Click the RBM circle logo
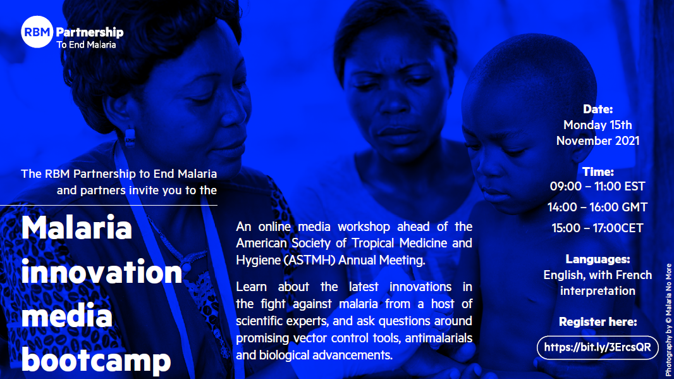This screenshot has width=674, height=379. tap(37, 32)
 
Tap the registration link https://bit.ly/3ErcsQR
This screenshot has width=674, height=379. tap(597, 347)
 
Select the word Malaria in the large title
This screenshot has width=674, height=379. tap(77, 227)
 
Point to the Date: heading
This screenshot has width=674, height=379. tap(597, 109)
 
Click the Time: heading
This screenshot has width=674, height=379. tap(597, 172)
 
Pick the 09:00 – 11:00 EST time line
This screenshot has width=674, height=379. tap(597, 186)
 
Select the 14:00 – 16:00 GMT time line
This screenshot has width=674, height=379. tap(597, 208)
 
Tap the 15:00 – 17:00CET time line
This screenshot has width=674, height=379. tap(597, 228)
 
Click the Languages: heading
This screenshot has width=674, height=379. tap(597, 259)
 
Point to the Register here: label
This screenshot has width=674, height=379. tap(597, 322)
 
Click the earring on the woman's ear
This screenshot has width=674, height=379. tap(130, 137)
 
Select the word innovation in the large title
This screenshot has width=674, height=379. tap(102, 272)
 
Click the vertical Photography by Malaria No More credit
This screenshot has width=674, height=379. tap(668, 320)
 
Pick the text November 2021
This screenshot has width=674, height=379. tap(597, 141)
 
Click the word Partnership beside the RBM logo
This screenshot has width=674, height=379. tap(90, 32)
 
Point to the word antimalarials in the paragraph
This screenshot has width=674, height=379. tap(438, 338)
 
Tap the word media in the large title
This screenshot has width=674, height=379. tap(66, 316)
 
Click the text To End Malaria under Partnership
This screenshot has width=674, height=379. tap(86, 45)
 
